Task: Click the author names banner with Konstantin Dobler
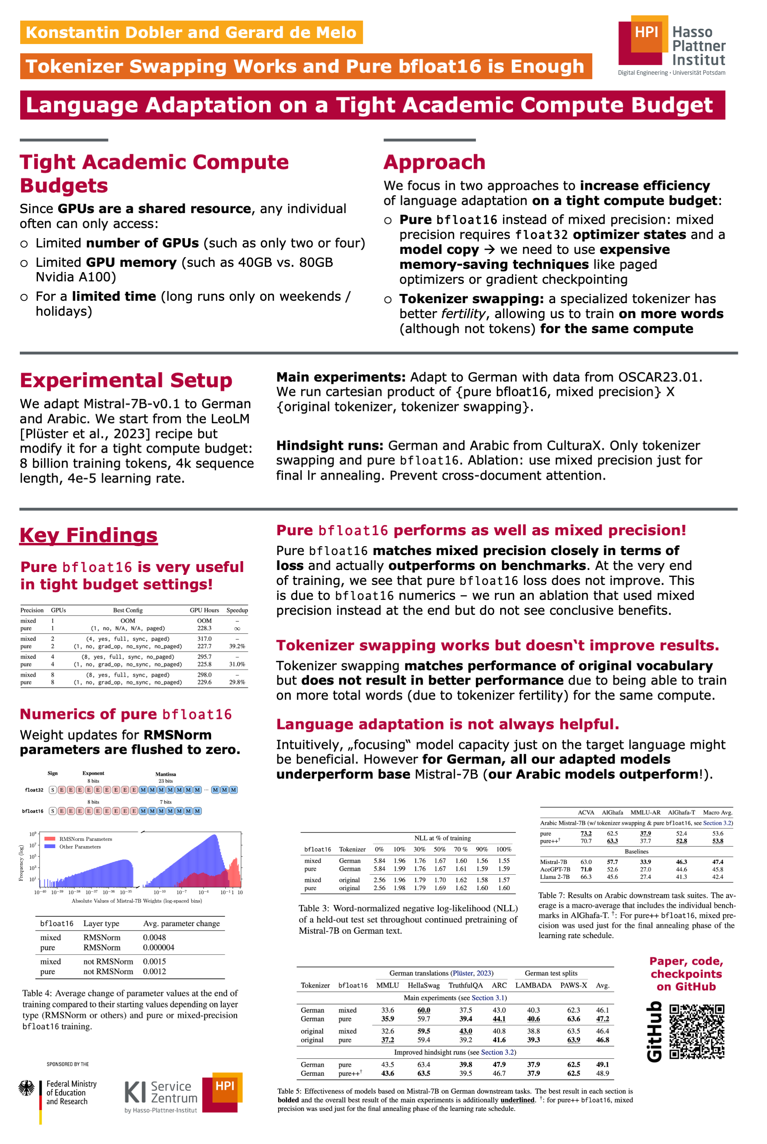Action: tap(191, 32)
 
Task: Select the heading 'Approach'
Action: tap(434, 162)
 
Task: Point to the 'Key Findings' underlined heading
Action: tap(88, 535)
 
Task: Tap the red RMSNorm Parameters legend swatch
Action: tap(49, 839)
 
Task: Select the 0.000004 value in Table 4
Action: tap(159, 947)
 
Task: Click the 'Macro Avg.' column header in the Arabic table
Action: tap(717, 813)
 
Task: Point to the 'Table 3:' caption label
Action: tap(314, 908)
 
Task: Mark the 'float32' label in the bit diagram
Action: tap(34, 790)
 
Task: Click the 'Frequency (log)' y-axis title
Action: tap(21, 863)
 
